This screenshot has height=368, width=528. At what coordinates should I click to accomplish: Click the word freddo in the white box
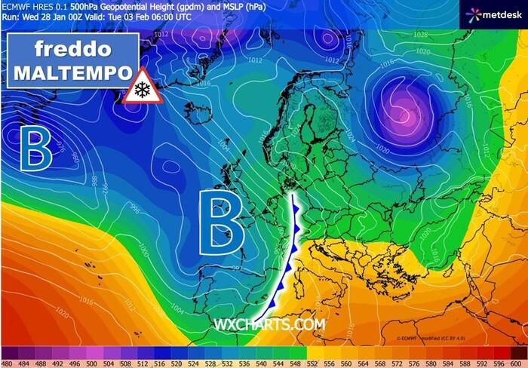73,50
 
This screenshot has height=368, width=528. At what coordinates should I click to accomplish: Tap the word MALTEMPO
73,73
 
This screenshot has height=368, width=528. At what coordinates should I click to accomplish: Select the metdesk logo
494,13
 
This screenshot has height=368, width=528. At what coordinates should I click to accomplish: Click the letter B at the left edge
35,149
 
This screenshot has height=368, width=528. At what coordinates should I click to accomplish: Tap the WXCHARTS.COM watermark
269,324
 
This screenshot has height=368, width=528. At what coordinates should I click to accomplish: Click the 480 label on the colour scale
8,363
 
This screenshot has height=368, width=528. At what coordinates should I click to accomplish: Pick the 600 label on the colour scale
518,363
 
